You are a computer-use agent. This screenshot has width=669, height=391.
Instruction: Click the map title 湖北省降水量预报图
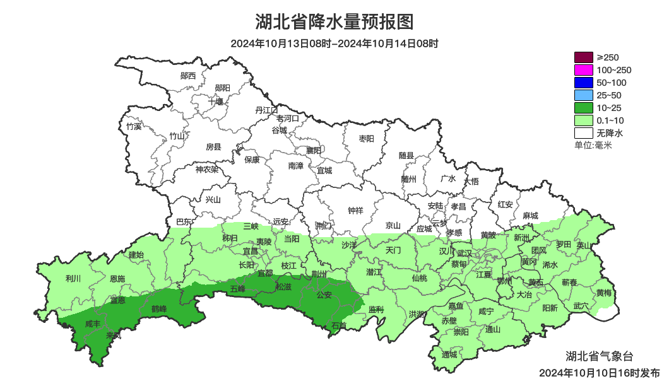(x=334, y=22)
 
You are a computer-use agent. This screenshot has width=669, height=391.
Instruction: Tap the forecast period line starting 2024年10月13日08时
(x=334, y=44)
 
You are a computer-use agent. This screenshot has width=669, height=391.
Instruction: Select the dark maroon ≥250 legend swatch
(x=583, y=57)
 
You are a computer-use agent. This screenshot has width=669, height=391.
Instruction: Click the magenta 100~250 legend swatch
(x=583, y=70)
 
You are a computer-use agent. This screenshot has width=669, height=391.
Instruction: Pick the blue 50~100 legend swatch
(x=583, y=83)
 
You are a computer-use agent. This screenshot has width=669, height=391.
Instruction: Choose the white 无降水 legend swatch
(x=583, y=133)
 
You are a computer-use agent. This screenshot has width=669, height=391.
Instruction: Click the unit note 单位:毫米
(x=593, y=146)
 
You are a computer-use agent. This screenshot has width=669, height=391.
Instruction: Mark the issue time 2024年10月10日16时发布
(x=599, y=373)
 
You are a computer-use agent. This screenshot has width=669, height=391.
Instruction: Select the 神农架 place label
(x=206, y=169)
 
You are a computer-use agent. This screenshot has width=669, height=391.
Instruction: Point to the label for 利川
(x=73, y=278)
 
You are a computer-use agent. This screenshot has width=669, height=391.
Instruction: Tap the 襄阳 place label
(x=314, y=150)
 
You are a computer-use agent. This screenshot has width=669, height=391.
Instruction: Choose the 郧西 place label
(x=188, y=76)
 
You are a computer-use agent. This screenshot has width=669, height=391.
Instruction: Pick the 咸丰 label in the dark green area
(x=92, y=324)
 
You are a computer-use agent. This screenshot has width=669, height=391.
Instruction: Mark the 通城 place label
(x=449, y=354)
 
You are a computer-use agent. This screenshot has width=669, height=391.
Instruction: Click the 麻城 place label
(x=530, y=216)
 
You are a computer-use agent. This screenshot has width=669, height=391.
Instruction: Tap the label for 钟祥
(x=356, y=211)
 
